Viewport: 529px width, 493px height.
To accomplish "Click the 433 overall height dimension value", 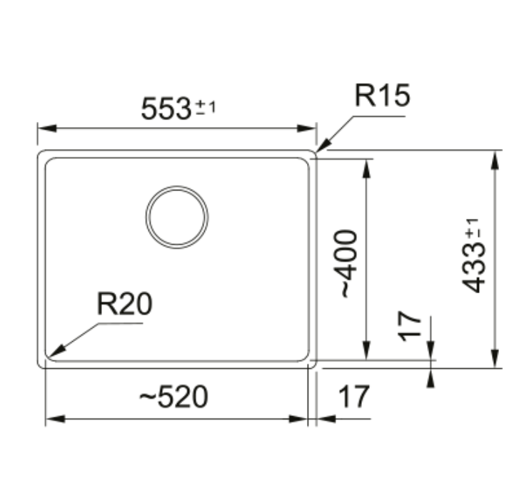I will pyautogui.click(x=474, y=267).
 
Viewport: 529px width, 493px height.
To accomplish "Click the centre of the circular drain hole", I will pyautogui.click(x=177, y=218).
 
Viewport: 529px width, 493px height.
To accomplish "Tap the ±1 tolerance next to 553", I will pyautogui.click(x=206, y=108).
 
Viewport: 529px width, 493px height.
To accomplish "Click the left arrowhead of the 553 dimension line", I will pyautogui.click(x=40, y=129).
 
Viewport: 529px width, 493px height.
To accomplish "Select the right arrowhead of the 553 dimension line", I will pyautogui.click(x=314, y=129).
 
